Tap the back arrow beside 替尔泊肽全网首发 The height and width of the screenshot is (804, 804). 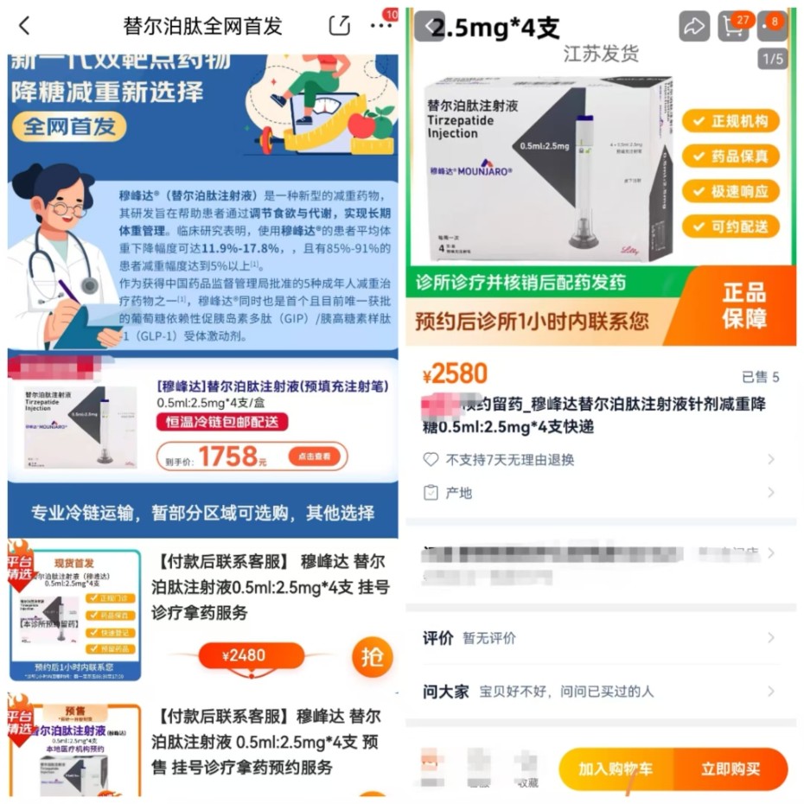tap(24, 26)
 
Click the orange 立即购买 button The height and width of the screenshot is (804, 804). tap(731, 769)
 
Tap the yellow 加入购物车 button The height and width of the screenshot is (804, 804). tap(616, 769)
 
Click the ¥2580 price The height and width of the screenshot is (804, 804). tap(455, 373)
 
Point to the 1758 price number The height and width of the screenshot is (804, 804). tap(228, 456)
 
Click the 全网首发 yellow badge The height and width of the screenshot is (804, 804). tap(68, 126)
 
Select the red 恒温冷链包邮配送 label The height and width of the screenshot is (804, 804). tap(222, 422)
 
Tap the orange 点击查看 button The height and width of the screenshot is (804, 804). tap(315, 456)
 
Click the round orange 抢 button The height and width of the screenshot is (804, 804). tap(372, 657)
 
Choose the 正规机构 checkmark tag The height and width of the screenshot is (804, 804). tap(731, 121)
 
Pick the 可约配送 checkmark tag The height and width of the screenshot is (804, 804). tap(731, 227)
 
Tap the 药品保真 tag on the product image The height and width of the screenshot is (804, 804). tap(731, 156)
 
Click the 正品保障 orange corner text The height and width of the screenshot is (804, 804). tap(744, 305)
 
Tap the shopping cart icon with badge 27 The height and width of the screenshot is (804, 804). tap(733, 27)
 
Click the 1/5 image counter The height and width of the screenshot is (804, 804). tap(772, 59)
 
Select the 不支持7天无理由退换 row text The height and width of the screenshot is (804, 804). tap(509, 460)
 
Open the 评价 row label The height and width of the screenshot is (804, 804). tap(438, 638)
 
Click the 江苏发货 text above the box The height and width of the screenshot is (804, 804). tap(601, 54)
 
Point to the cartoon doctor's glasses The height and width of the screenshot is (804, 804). tap(67, 208)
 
